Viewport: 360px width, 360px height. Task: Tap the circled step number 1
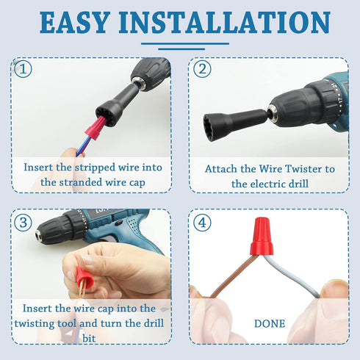[x=24, y=70]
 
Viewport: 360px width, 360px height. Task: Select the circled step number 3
[x=24, y=220]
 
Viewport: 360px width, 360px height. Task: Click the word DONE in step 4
[x=270, y=323]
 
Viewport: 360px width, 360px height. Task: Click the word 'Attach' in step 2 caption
[x=223, y=169]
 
